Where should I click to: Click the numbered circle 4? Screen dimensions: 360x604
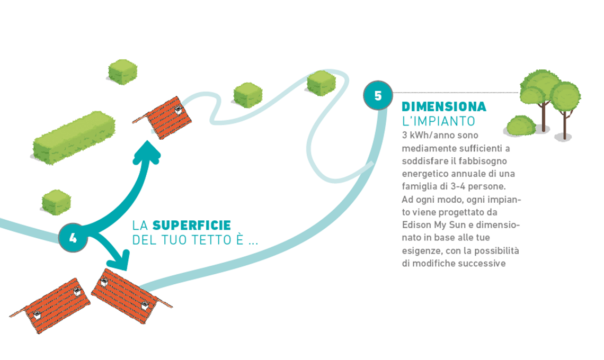point(73,238)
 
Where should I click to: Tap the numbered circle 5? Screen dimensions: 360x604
point(378,96)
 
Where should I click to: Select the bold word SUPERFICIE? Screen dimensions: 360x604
point(192,225)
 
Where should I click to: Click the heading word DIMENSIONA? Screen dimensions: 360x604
point(444,107)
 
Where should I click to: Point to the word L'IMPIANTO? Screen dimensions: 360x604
point(439,121)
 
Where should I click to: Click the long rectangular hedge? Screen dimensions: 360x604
point(74,138)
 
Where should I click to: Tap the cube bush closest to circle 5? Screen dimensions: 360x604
point(322,83)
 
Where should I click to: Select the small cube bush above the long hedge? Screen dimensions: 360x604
point(123,71)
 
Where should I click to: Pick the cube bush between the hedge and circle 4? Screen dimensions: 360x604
point(56,202)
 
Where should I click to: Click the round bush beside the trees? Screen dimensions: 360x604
point(521,126)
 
